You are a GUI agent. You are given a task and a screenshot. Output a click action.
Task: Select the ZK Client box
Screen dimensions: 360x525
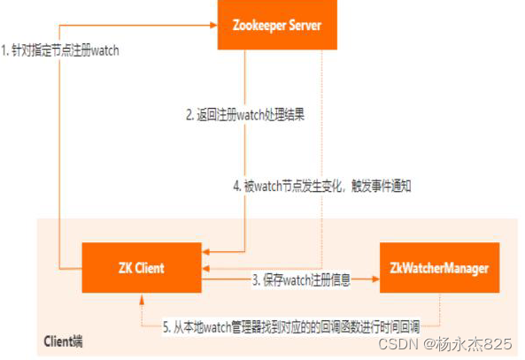[x=141, y=267]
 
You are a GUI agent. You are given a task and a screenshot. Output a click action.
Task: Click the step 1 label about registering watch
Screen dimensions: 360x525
[x=60, y=50]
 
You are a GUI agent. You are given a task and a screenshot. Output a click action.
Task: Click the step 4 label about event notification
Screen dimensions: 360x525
[x=322, y=187]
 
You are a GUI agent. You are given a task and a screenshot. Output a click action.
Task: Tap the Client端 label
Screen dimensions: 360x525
[x=66, y=341]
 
